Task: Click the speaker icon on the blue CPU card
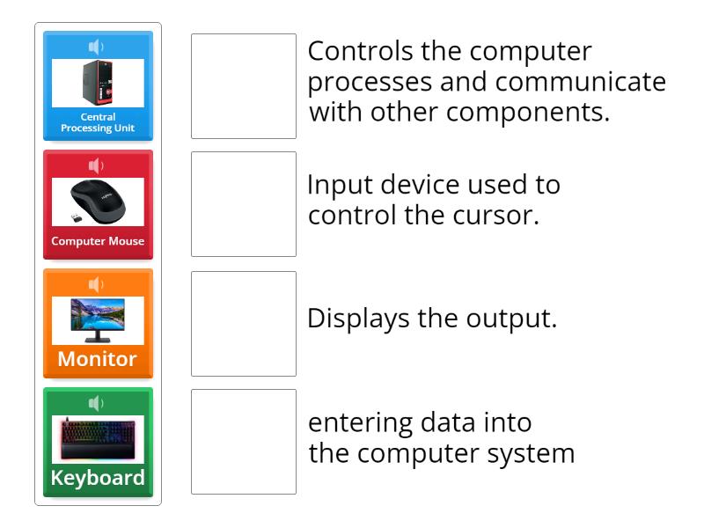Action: point(97,47)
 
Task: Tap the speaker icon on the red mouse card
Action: point(97,165)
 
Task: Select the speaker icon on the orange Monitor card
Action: point(97,284)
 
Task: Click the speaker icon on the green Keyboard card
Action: point(97,403)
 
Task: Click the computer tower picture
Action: point(98,83)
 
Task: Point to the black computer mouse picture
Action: point(98,202)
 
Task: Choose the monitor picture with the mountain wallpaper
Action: point(98,319)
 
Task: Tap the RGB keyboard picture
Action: point(98,438)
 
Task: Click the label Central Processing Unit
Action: point(98,122)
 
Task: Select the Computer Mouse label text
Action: point(98,241)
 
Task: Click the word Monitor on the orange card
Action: point(98,359)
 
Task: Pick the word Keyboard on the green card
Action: point(98,478)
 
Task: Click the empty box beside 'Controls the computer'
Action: point(244,86)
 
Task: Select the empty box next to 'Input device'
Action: point(244,204)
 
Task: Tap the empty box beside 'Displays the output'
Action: point(244,324)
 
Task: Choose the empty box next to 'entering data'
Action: point(244,442)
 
